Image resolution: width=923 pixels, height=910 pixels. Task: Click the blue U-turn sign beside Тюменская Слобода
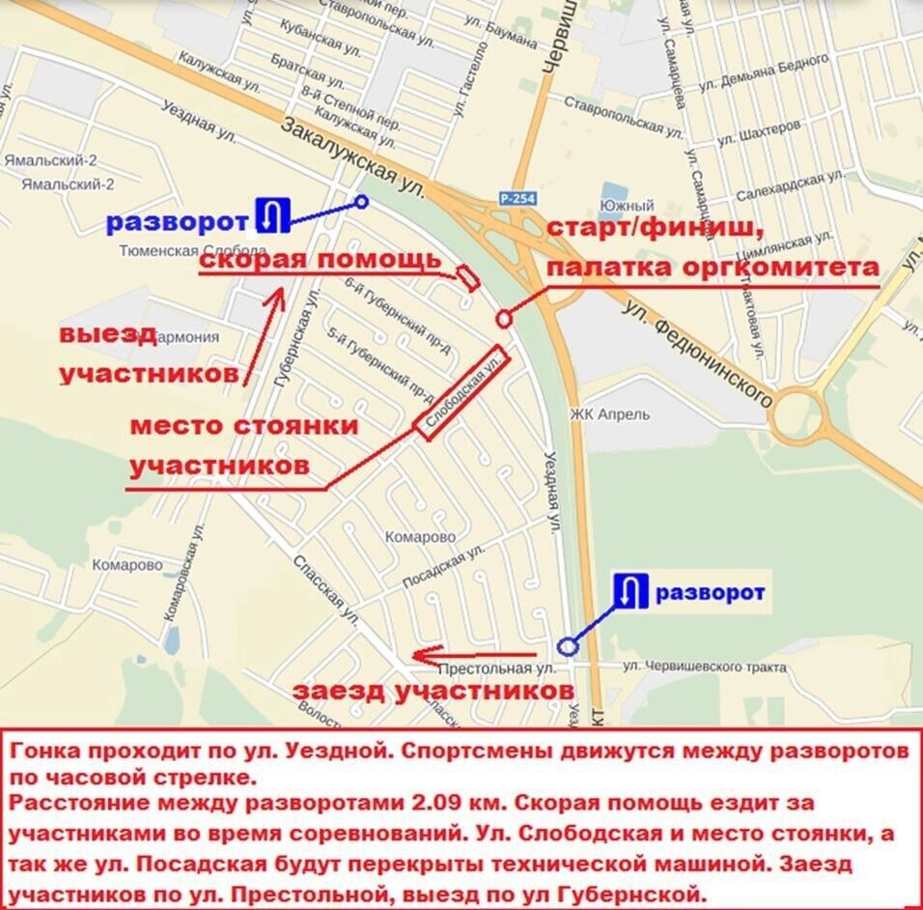point(272,214)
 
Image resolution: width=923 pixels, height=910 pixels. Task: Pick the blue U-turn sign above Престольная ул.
point(631,590)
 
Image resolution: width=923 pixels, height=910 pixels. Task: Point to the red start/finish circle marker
point(503,319)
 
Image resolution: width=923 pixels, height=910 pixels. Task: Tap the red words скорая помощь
point(321,261)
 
